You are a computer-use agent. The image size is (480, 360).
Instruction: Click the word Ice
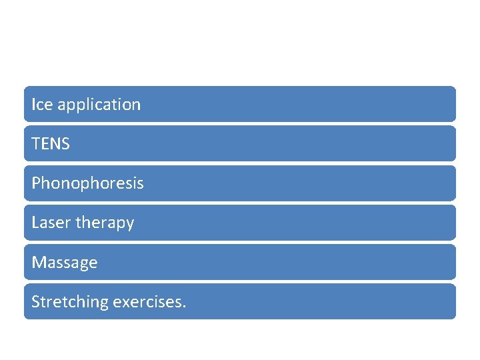pyautogui.click(x=43, y=105)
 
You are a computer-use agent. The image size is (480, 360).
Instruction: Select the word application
pyautogui.click(x=99, y=105)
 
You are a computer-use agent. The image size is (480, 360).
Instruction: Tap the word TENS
pyautogui.click(x=51, y=144)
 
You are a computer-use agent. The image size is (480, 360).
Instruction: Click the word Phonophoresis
pyautogui.click(x=87, y=183)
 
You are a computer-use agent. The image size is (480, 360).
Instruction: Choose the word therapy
pyautogui.click(x=105, y=223)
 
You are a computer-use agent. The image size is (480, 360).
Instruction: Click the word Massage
pyautogui.click(x=65, y=263)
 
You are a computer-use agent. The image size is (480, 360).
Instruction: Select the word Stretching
pyautogui.click(x=70, y=302)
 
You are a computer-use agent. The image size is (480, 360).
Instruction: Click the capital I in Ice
pyautogui.click(x=34, y=105)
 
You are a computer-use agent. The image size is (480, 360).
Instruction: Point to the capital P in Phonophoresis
pyautogui.click(x=36, y=183)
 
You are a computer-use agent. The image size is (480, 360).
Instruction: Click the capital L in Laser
pyautogui.click(x=35, y=223)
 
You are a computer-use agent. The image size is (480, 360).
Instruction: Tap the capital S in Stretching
pyautogui.click(x=35, y=302)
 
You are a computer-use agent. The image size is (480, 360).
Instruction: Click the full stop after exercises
pyautogui.click(x=185, y=307)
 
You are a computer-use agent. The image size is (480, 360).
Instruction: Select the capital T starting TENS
pyautogui.click(x=35, y=144)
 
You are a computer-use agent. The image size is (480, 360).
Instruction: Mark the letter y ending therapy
pyautogui.click(x=130, y=225)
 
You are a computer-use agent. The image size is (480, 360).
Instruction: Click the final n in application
pyautogui.click(x=136, y=105)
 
